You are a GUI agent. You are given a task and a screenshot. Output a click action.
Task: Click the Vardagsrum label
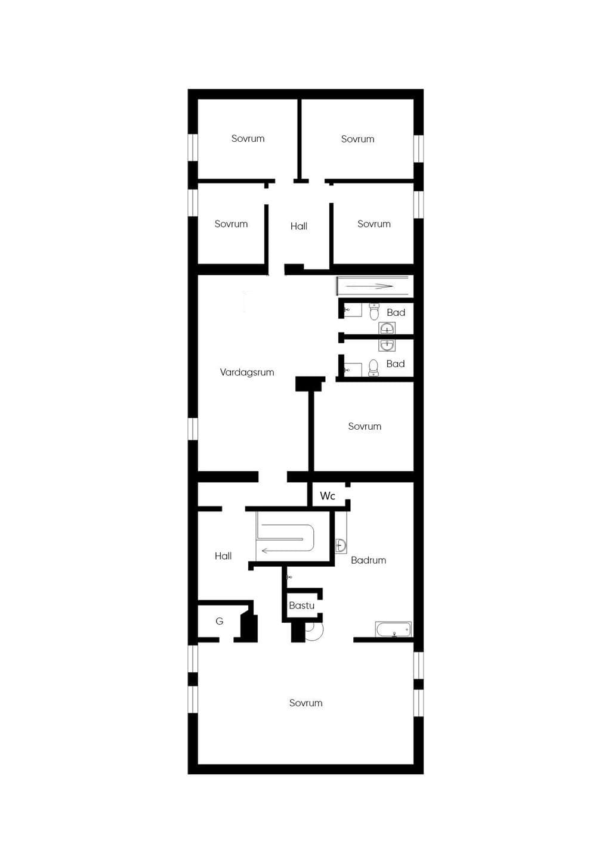coord(247,372)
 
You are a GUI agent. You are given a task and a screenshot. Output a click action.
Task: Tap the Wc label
coord(328,496)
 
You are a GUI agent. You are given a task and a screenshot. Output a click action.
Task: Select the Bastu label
coord(302,606)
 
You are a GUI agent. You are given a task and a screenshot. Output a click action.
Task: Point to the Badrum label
coord(368,560)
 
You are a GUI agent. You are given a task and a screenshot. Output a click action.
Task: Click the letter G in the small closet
coord(220,620)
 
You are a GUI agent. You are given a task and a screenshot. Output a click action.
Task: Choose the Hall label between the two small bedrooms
coord(299,226)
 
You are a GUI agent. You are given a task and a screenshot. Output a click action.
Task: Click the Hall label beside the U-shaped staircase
coord(223,555)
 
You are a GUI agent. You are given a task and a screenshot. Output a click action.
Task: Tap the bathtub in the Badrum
coord(393,629)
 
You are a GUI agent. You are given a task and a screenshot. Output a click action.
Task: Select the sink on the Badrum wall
coord(341,545)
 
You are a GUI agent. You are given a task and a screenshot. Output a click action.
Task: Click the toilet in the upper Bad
coord(374,312)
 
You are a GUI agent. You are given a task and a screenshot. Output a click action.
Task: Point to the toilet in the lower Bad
coord(374,368)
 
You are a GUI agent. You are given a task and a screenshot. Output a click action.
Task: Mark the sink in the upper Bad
coord(387,328)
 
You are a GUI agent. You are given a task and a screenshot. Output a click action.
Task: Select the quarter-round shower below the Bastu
coord(313,632)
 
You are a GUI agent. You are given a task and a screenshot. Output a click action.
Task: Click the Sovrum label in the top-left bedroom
coord(248,139)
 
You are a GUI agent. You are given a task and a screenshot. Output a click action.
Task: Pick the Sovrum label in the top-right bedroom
coord(357,139)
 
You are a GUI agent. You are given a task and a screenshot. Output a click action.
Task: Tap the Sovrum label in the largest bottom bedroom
coord(306,703)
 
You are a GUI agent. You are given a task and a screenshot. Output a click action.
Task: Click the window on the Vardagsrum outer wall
coord(193,429)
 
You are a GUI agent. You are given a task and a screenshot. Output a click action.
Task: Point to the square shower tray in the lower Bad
coord(353,370)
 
